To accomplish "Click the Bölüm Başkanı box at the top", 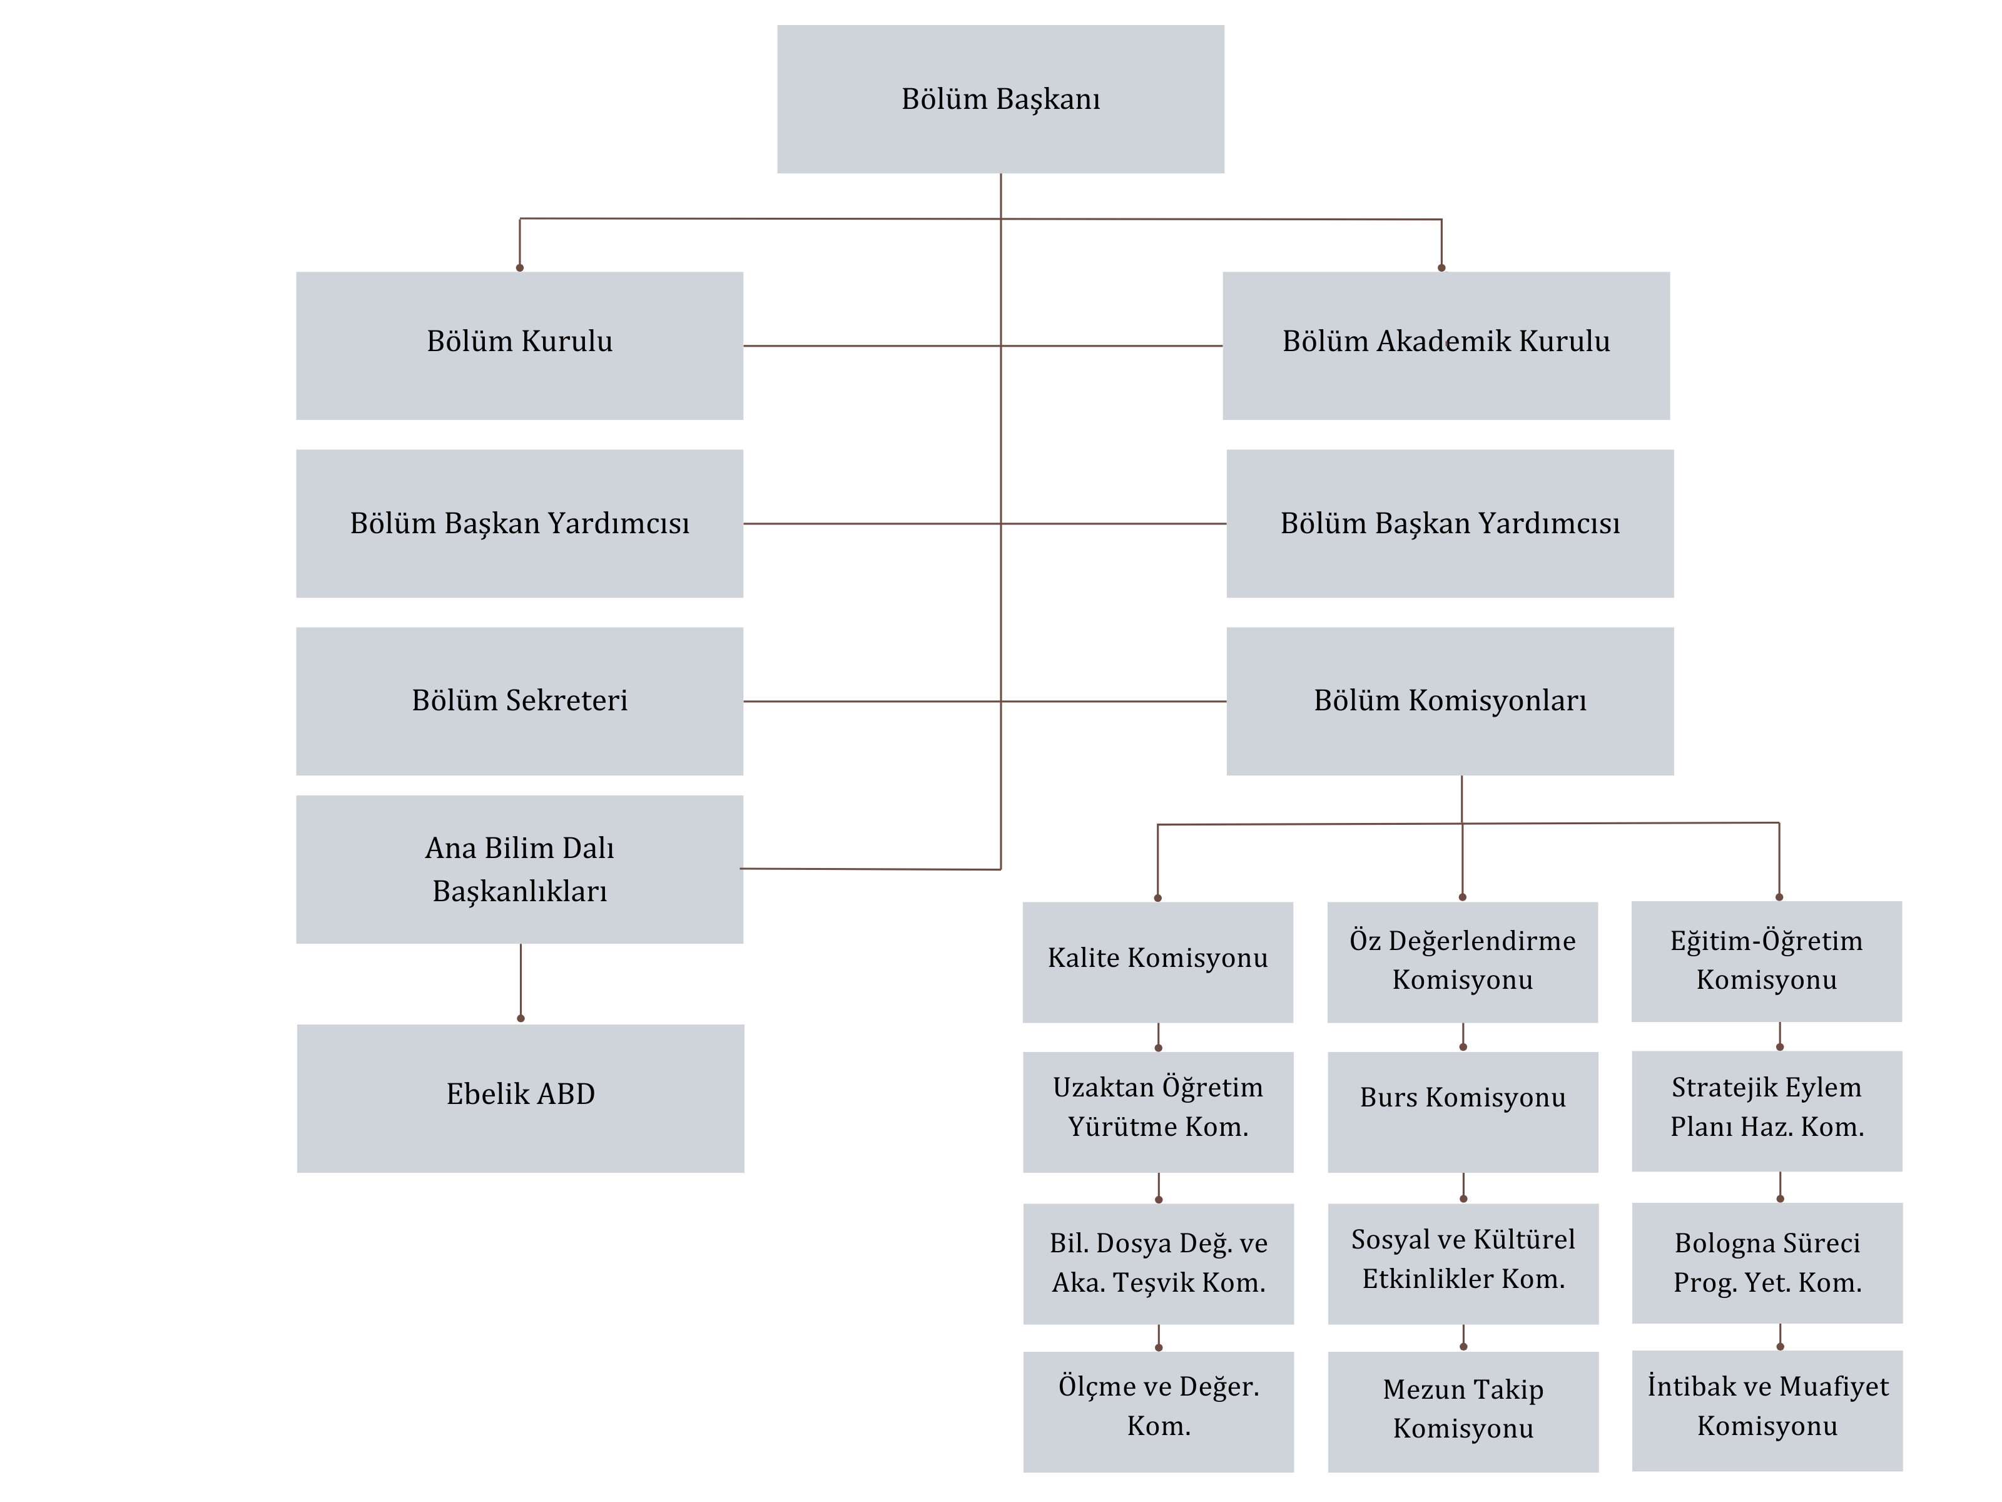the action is tap(1000, 99).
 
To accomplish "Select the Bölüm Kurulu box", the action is tap(519, 346).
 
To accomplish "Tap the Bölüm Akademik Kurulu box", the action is tap(1446, 346).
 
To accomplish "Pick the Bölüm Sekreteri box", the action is tap(519, 702).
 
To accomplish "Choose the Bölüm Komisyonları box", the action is tap(1450, 702).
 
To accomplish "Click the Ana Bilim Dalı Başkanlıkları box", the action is tap(519, 870).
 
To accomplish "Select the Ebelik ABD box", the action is tap(521, 1099).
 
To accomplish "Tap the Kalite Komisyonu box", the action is tap(1157, 963).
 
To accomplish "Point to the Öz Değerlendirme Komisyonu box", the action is tap(1463, 963).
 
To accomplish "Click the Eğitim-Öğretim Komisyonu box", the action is tap(1767, 961).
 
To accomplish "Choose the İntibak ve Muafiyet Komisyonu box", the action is tap(1767, 1411).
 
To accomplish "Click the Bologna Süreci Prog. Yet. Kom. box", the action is tap(1767, 1263).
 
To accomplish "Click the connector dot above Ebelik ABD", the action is tap(521, 1018).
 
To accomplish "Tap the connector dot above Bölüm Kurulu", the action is tap(519, 268).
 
